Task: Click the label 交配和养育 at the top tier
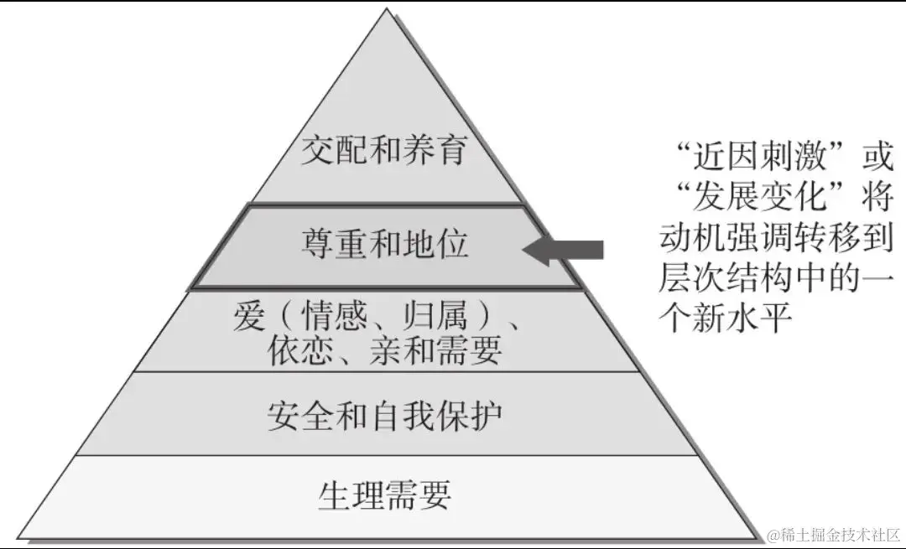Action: (x=384, y=152)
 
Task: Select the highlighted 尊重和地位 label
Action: (x=385, y=245)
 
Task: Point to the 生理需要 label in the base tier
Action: (x=385, y=495)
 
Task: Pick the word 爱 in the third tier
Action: (x=249, y=318)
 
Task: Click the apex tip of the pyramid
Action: (x=387, y=10)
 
